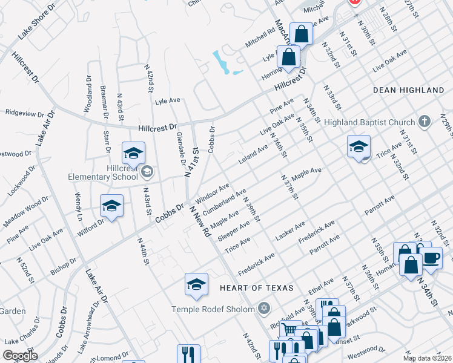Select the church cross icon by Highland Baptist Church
point(425,122)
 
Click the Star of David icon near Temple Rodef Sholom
point(263,309)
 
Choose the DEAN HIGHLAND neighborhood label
point(409,90)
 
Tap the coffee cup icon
point(431,258)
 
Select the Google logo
point(20,355)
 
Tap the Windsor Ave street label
point(213,192)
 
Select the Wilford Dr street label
point(91,228)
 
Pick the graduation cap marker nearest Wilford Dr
point(111,206)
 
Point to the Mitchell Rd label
point(260,40)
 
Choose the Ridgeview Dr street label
point(29,112)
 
